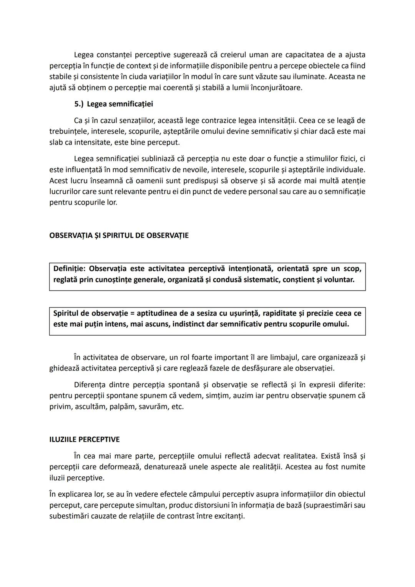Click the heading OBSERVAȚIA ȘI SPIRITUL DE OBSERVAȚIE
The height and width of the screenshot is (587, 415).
pos(119,235)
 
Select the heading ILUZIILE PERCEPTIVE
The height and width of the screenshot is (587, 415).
pos(84,439)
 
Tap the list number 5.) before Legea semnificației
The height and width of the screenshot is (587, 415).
pos(79,104)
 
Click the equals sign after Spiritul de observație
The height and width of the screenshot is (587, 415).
pos(132,313)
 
